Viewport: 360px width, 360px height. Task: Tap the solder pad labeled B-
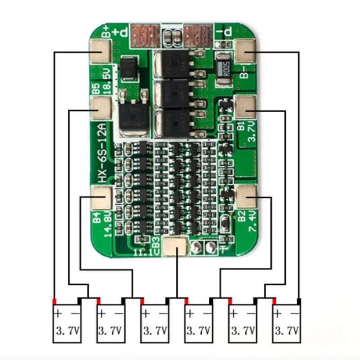coord(245,50)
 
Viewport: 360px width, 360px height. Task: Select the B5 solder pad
coord(101,107)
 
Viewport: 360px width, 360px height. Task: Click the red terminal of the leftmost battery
coord(54,301)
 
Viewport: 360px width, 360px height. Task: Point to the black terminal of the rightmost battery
coord(299,301)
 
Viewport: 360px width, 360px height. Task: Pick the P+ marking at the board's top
coord(121,32)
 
